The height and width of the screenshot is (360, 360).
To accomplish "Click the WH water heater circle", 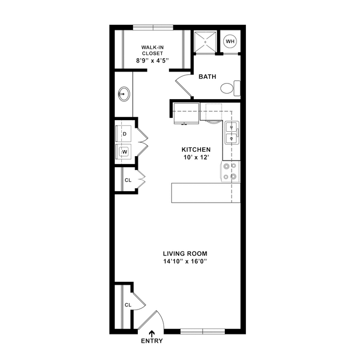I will tap(230, 41).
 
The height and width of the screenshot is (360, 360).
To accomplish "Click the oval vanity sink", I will tap(124, 94).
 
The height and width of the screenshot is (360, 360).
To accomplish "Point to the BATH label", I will tap(208, 77).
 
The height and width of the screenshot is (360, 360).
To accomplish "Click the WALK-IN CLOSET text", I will tap(152, 50).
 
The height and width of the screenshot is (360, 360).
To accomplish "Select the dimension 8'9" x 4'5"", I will tap(152, 60).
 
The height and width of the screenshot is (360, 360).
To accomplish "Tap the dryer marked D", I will tap(125, 134).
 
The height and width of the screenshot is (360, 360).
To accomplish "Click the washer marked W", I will tap(125, 151).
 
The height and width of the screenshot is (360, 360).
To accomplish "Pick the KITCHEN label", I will tap(196, 150).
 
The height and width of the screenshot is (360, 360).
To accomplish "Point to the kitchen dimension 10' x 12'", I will tap(196, 158).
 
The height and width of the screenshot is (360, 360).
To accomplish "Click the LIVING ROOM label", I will tap(185, 254).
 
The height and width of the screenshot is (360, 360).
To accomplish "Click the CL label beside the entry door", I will tap(127, 305).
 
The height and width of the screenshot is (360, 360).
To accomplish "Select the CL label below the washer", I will tap(127, 180).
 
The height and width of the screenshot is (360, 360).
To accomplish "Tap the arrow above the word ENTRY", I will tap(152, 332).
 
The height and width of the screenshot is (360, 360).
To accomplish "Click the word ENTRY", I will tap(152, 341).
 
